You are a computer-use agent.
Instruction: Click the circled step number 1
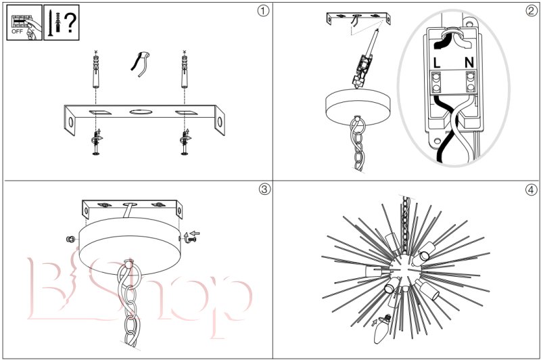[x=263, y=11]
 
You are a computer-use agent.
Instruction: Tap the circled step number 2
[x=532, y=11]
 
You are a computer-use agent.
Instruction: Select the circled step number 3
[x=264, y=189]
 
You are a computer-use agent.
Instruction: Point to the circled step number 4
[x=532, y=189]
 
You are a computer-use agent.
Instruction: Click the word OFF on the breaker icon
[x=18, y=31]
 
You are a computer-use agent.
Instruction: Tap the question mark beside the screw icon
[x=70, y=22]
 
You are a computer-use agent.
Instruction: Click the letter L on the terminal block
[x=437, y=63]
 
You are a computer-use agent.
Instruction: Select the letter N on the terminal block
[x=469, y=63]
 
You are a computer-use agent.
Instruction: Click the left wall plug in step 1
[x=95, y=70]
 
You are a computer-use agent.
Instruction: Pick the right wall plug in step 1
[x=185, y=70]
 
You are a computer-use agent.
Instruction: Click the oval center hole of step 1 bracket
[x=141, y=112]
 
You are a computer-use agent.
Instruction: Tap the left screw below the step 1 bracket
[x=96, y=141]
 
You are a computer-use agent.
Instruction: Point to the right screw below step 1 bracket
[x=185, y=141]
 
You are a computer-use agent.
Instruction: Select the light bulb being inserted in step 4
[x=382, y=329]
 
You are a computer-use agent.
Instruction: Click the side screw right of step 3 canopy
[x=191, y=238]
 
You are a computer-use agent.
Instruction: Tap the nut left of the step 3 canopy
[x=70, y=239]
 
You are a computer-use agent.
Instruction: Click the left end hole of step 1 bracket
[x=71, y=122]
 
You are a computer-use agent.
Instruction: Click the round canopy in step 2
[x=358, y=107]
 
